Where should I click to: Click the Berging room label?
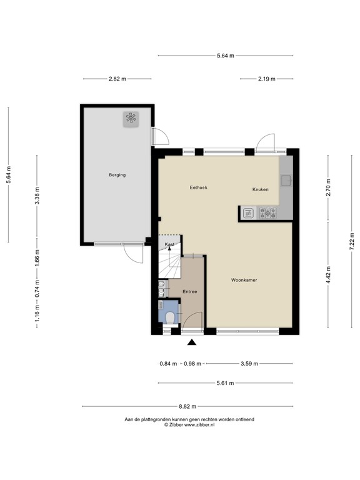(117, 175)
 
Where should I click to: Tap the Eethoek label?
(199, 187)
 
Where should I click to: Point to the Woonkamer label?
(244, 280)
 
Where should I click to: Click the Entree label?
(190, 292)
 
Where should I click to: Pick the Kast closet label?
(169, 244)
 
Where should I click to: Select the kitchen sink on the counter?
(286, 181)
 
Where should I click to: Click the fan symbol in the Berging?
(131, 119)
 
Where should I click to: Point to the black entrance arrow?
(191, 341)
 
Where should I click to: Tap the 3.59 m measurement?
(249, 364)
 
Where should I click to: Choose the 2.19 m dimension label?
(267, 79)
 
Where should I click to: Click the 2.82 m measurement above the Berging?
(117, 79)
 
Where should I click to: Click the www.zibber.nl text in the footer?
(199, 424)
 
